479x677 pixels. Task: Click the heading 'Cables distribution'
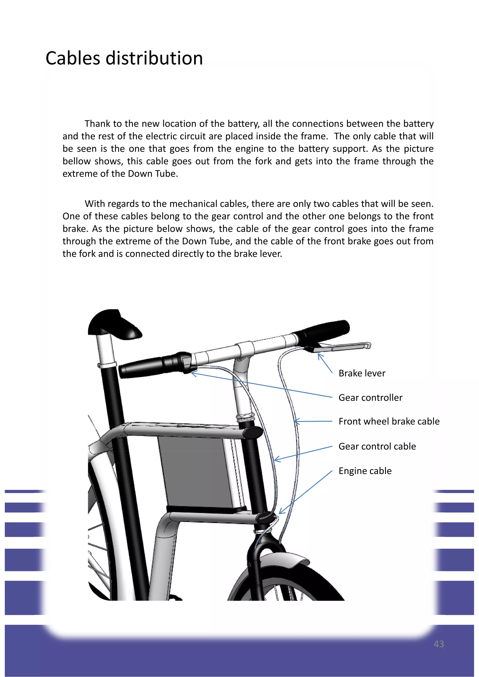tap(124, 58)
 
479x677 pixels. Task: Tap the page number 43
tap(439, 644)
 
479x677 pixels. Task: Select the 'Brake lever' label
tap(362, 373)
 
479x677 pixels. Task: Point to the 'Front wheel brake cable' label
tap(389, 421)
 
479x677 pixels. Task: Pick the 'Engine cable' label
tap(365, 471)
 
